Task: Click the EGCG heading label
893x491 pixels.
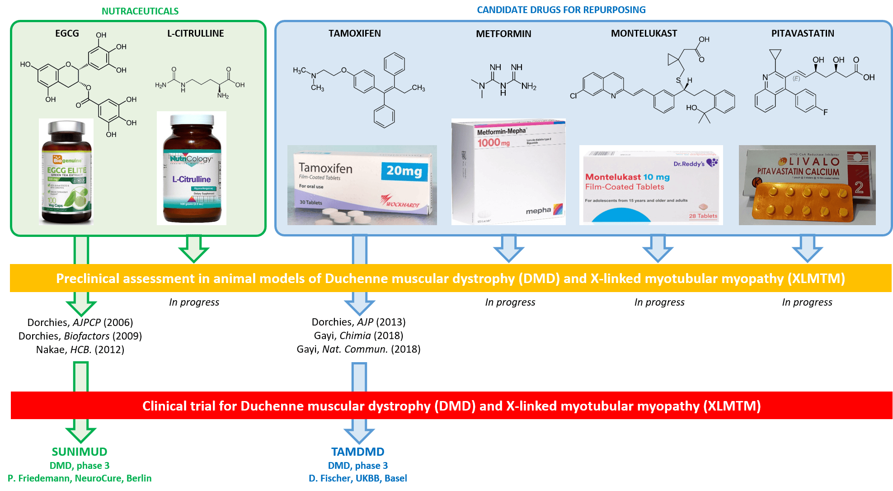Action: tap(67, 33)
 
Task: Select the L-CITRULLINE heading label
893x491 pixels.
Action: tap(195, 33)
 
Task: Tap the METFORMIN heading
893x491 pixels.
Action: tap(503, 34)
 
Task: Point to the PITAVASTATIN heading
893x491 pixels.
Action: tap(803, 33)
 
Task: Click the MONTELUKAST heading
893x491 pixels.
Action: tap(644, 33)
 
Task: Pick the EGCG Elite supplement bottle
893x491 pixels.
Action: tap(66, 172)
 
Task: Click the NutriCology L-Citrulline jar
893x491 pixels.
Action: tap(192, 168)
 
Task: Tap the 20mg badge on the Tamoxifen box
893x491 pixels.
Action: tap(404, 171)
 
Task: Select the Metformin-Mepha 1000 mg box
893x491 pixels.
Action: tap(508, 172)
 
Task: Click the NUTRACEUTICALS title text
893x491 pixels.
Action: tap(140, 11)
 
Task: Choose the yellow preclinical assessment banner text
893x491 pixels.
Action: tap(450, 278)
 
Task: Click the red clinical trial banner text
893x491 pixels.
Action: tap(451, 406)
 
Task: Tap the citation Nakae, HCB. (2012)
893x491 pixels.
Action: tap(80, 349)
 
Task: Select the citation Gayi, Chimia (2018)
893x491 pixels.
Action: tap(358, 335)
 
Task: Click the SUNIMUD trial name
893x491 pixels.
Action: tap(80, 452)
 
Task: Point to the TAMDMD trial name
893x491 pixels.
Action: tap(357, 452)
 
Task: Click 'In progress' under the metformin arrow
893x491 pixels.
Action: tap(510, 302)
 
